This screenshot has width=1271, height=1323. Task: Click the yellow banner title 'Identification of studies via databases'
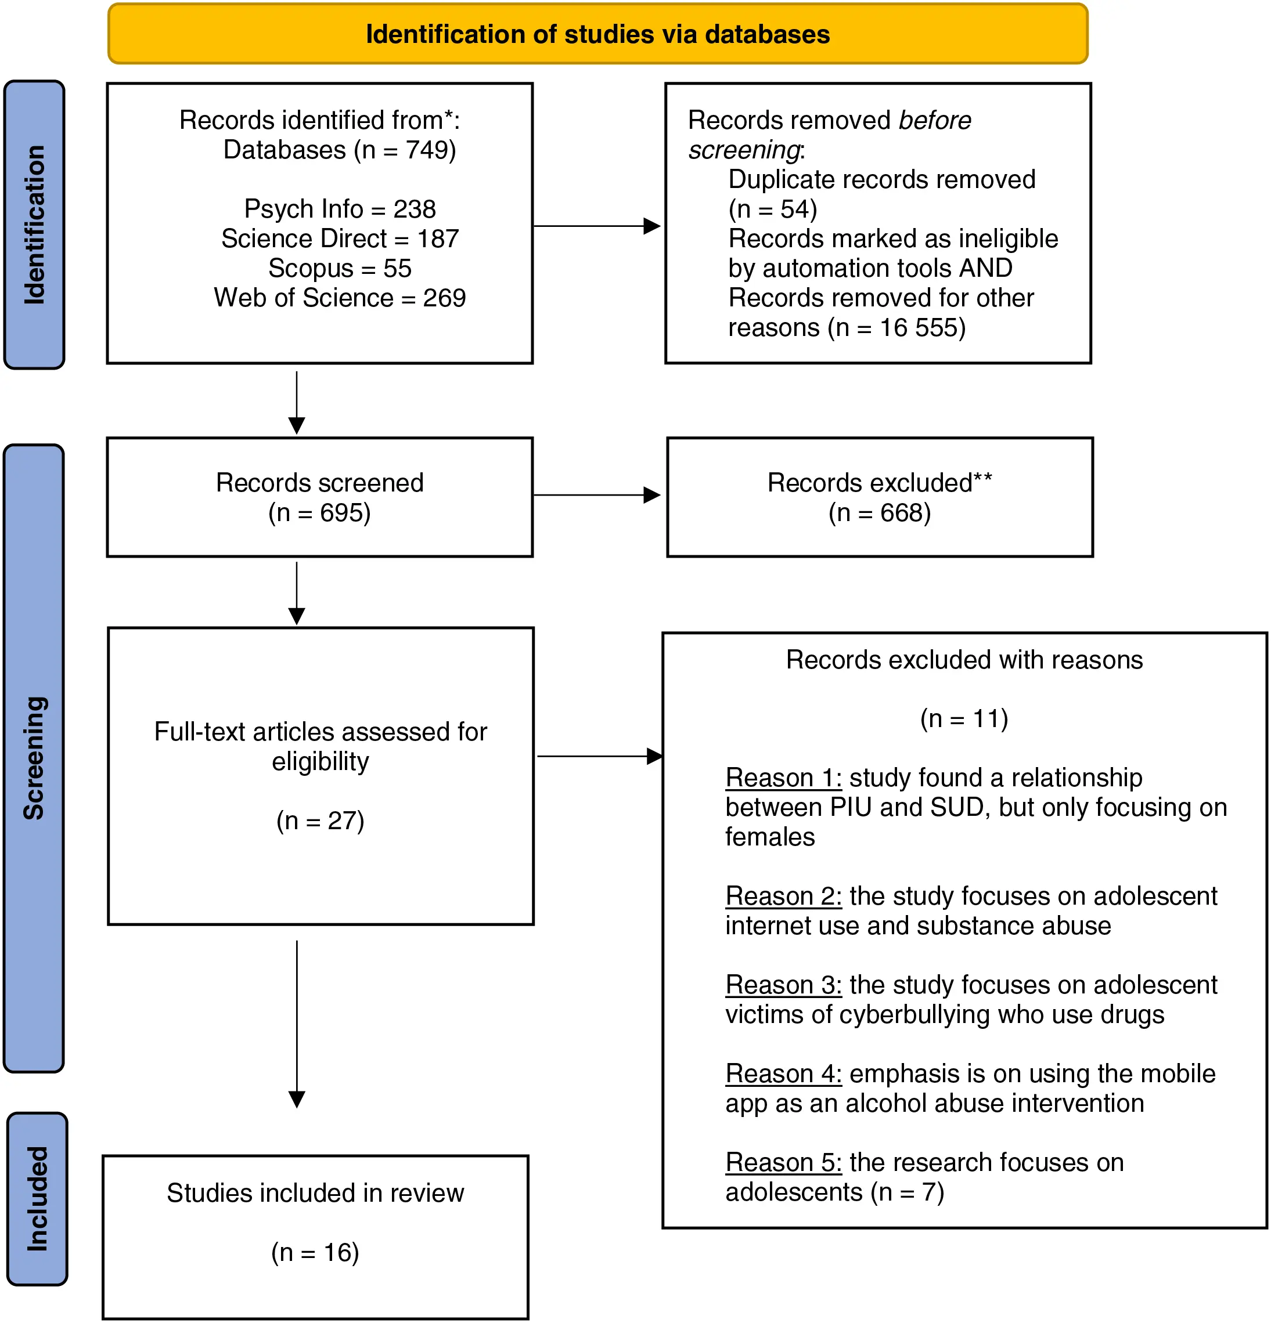click(x=597, y=34)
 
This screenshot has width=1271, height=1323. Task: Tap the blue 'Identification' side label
click(x=34, y=225)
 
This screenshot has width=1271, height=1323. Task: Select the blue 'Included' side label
click(x=37, y=1198)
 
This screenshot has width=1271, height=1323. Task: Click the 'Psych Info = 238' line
click(x=340, y=209)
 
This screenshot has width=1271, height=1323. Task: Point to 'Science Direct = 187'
click(x=340, y=239)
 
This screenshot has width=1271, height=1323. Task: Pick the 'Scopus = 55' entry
click(x=340, y=269)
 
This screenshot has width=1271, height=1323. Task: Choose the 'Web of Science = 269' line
click(x=340, y=298)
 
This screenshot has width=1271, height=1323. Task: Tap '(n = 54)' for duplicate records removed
click(x=773, y=209)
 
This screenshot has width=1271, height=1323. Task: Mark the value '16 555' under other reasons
click(x=918, y=328)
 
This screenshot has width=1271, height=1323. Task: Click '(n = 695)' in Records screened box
click(x=319, y=513)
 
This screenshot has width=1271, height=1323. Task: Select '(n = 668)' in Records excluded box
click(x=879, y=513)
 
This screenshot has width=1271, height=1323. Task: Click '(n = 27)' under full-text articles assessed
click(x=320, y=821)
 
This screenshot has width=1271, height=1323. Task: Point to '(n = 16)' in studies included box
click(x=315, y=1253)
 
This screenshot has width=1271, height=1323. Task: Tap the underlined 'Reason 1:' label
click(x=783, y=778)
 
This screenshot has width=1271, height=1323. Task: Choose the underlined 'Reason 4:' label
click(x=783, y=1074)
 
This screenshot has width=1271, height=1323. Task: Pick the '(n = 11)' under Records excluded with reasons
click(x=964, y=719)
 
